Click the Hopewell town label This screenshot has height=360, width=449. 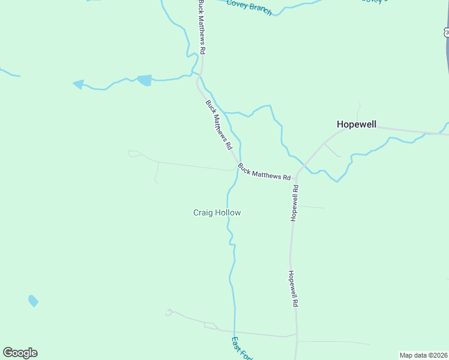[x=356, y=124]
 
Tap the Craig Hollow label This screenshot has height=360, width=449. [x=217, y=212]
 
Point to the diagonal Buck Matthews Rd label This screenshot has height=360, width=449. [x=218, y=125]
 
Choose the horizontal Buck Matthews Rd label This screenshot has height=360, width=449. [x=264, y=172]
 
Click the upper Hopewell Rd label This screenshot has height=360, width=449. [x=295, y=203]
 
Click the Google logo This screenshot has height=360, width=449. [x=20, y=353]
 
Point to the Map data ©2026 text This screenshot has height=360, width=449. [x=423, y=355]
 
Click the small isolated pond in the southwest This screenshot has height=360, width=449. [x=33, y=300]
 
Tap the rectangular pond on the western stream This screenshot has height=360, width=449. [x=145, y=80]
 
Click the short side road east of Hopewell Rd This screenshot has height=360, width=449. [x=312, y=208]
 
